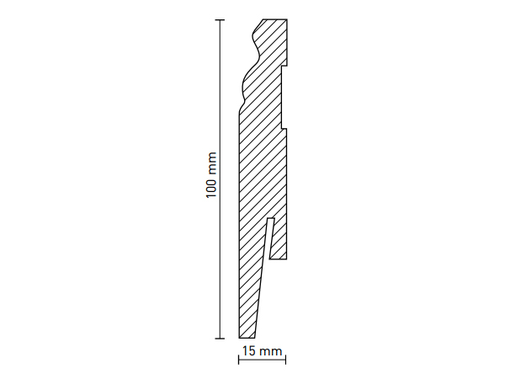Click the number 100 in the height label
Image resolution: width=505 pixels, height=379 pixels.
pyautogui.click(x=211, y=188)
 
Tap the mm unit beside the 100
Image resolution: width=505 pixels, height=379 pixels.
pyautogui.click(x=212, y=163)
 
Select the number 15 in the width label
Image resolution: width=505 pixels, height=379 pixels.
pyautogui.click(x=248, y=351)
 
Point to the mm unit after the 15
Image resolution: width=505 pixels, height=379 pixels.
pyautogui.click(x=270, y=352)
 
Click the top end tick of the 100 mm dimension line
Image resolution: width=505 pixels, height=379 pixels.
pyautogui.click(x=220, y=20)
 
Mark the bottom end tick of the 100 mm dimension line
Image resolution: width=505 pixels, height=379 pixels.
pyautogui.click(x=220, y=339)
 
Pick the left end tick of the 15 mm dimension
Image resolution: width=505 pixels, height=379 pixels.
pyautogui.click(x=239, y=360)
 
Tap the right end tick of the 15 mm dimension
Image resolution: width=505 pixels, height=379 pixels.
pyautogui.click(x=285, y=360)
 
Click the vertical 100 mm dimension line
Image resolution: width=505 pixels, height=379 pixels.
pyautogui.click(x=220, y=179)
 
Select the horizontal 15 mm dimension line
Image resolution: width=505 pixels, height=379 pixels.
pyautogui.click(x=262, y=360)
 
